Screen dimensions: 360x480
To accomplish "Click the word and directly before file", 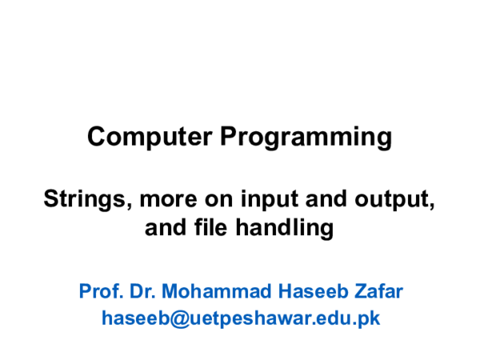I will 164,229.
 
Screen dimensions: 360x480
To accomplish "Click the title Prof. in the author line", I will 98,290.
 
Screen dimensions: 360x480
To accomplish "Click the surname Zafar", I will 378,290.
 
